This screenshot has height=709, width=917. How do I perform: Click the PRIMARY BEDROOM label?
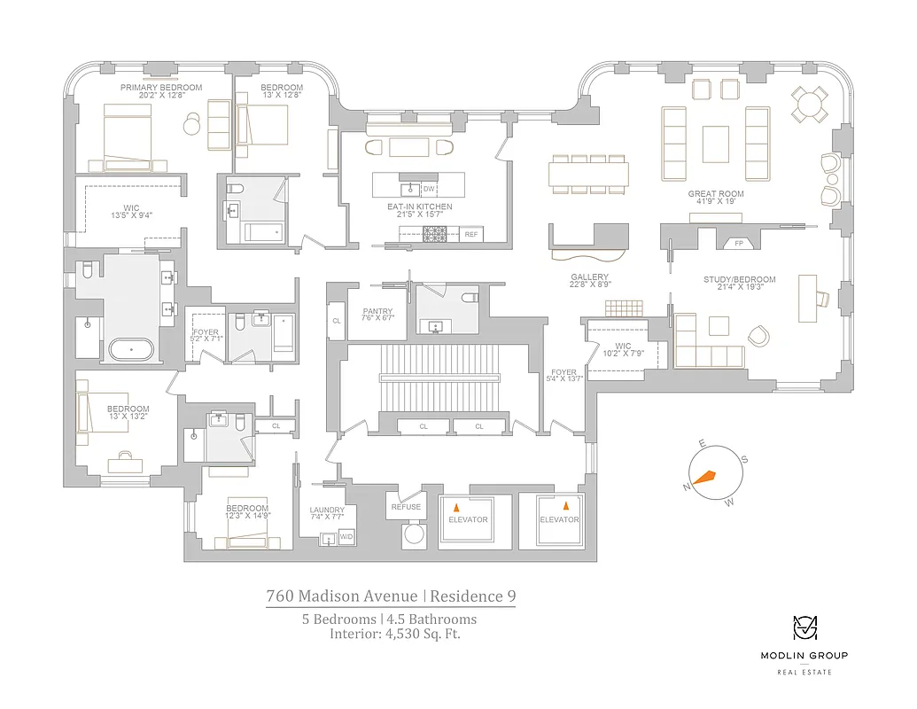tap(161, 88)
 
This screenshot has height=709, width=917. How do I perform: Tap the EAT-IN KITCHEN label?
tap(420, 206)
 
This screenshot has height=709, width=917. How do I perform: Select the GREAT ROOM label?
tap(716, 193)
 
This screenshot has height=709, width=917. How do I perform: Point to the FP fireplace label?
tap(738, 241)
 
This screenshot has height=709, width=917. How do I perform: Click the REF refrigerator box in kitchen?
tap(471, 234)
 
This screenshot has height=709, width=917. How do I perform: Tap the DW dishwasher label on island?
tap(429, 189)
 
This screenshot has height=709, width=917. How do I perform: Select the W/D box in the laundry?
tap(346, 537)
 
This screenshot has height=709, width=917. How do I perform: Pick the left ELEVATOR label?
tap(468, 519)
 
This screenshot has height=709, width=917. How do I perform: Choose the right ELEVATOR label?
tap(560, 519)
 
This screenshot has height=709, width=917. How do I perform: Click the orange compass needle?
tap(704, 477)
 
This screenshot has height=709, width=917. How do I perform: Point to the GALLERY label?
tap(589, 277)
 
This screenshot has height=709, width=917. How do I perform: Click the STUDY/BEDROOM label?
tap(739, 280)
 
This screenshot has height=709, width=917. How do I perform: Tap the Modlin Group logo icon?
tap(804, 628)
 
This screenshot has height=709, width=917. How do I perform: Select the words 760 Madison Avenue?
tap(342, 596)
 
